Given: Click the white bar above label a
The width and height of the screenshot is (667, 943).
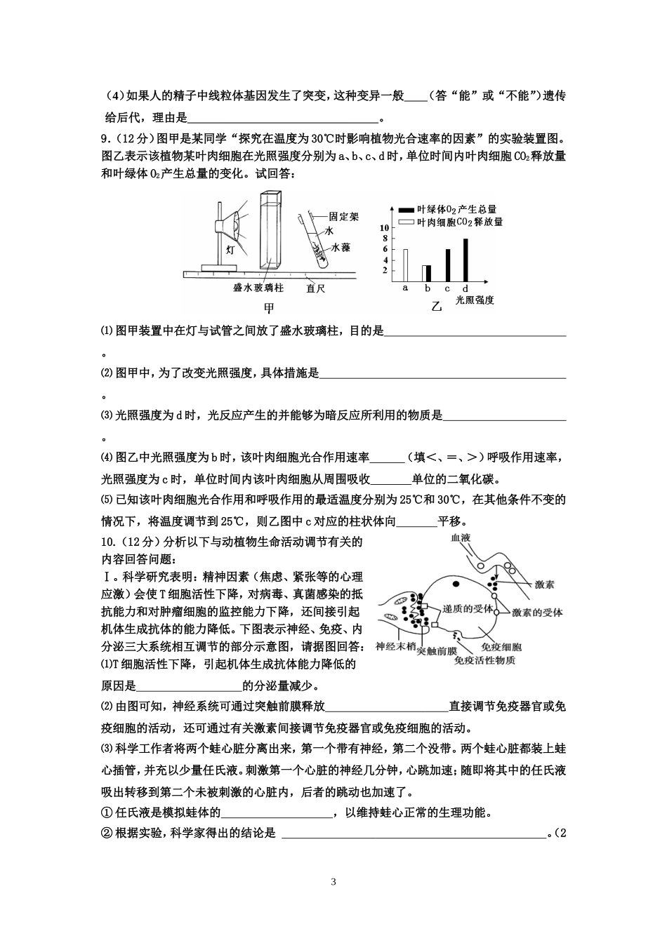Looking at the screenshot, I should (405, 265).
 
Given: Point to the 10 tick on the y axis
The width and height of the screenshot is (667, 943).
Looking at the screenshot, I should (384, 229).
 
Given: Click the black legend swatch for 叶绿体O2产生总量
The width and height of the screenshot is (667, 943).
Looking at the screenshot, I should (405, 210).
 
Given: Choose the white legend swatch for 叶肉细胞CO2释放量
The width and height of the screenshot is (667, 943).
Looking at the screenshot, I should (405, 222).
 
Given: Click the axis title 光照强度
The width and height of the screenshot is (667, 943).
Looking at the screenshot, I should (475, 300).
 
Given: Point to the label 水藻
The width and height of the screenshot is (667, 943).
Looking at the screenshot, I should (341, 248).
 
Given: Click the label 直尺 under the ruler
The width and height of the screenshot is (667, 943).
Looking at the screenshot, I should (315, 288).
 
